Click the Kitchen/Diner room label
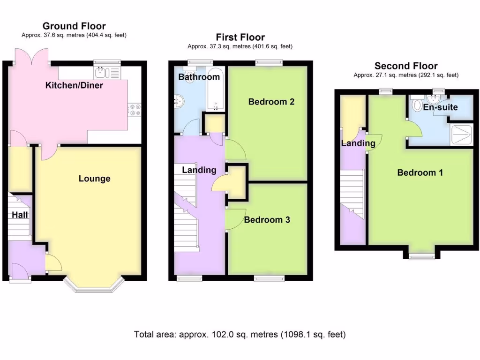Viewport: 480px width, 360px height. pyautogui.click(x=74, y=85)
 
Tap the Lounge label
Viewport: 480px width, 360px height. pyautogui.click(x=94, y=179)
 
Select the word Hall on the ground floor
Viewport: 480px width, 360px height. pyautogui.click(x=20, y=215)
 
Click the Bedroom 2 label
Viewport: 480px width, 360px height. pyautogui.click(x=271, y=102)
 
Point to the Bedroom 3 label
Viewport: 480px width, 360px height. pyautogui.click(x=267, y=219)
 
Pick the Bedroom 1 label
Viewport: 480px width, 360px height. pyautogui.click(x=420, y=172)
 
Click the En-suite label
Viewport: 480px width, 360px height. pyautogui.click(x=440, y=107)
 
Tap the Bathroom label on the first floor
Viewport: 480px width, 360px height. pyautogui.click(x=199, y=77)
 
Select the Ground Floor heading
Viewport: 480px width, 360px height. pyautogui.click(x=74, y=26)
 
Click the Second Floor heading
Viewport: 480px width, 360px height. pyautogui.click(x=406, y=66)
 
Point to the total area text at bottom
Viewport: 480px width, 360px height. pyautogui.click(x=240, y=335)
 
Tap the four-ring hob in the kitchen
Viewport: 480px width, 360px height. pyautogui.click(x=135, y=109)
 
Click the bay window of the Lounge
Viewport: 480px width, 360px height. pyautogui.click(x=94, y=284)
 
